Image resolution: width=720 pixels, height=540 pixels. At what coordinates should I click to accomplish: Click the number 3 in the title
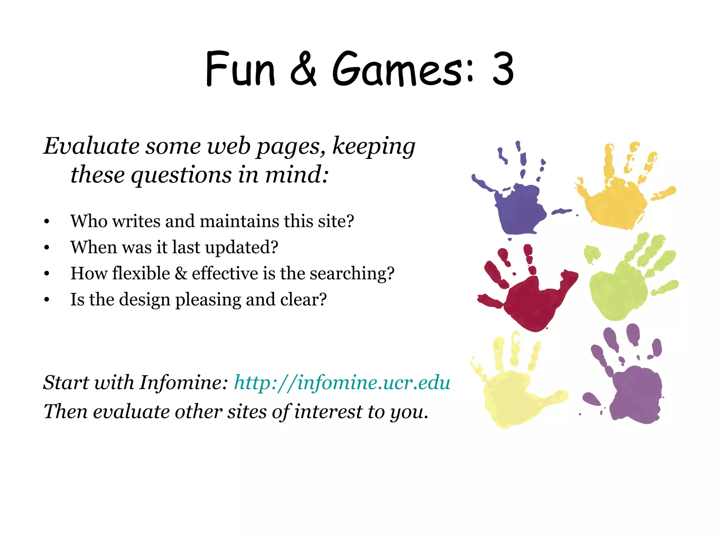point(503,69)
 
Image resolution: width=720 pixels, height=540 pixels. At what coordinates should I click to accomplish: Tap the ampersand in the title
point(303,69)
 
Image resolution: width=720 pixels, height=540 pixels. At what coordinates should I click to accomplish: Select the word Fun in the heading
point(240,69)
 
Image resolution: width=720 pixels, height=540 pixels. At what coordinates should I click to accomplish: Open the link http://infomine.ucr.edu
point(342,382)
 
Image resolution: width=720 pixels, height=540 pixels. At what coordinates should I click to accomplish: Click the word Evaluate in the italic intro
point(91,146)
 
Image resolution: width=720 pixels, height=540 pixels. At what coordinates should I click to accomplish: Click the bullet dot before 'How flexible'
point(47,274)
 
